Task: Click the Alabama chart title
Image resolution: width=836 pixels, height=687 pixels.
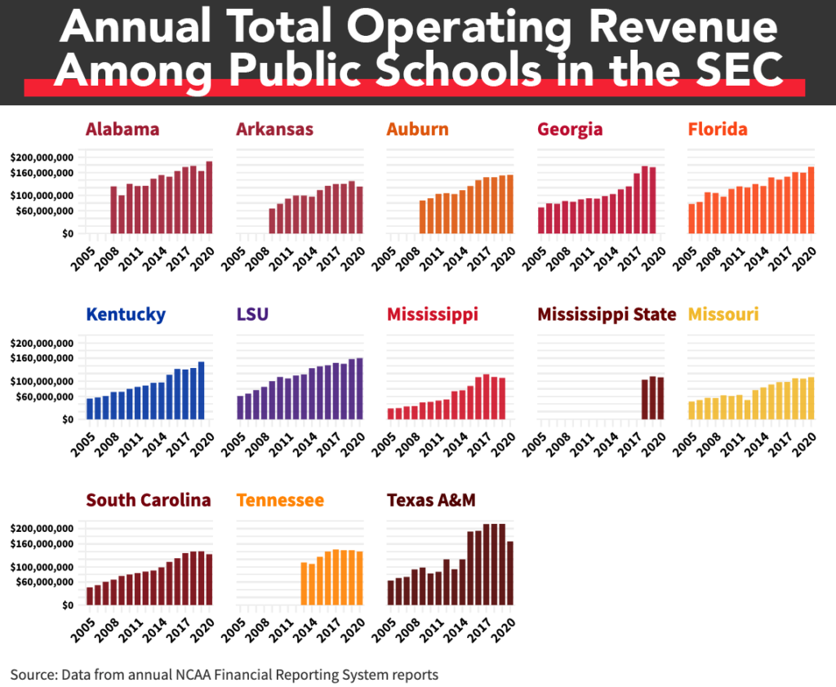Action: click(122, 129)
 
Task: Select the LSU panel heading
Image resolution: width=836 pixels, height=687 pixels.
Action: click(254, 314)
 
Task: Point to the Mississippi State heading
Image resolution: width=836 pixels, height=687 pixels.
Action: click(607, 314)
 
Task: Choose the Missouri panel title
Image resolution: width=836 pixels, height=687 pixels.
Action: click(723, 314)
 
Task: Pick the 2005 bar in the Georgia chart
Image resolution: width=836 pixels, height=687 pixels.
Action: click(541, 219)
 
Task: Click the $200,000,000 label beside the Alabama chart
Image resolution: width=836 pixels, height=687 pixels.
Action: click(42, 157)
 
